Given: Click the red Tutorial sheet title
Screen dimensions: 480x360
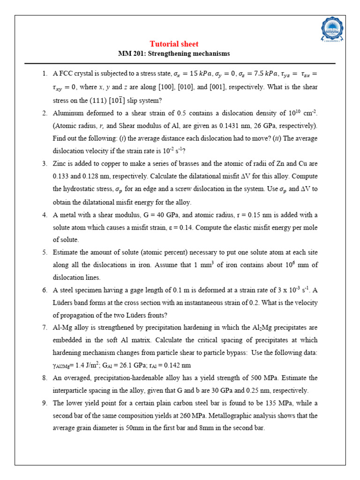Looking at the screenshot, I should click(174, 44).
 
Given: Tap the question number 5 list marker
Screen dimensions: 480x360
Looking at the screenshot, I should click(45, 252).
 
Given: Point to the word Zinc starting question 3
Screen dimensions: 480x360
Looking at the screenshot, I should click(60, 164).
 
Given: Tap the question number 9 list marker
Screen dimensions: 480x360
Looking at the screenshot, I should click(45, 403).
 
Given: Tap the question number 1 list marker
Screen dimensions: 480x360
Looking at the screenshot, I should click(45, 74).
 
